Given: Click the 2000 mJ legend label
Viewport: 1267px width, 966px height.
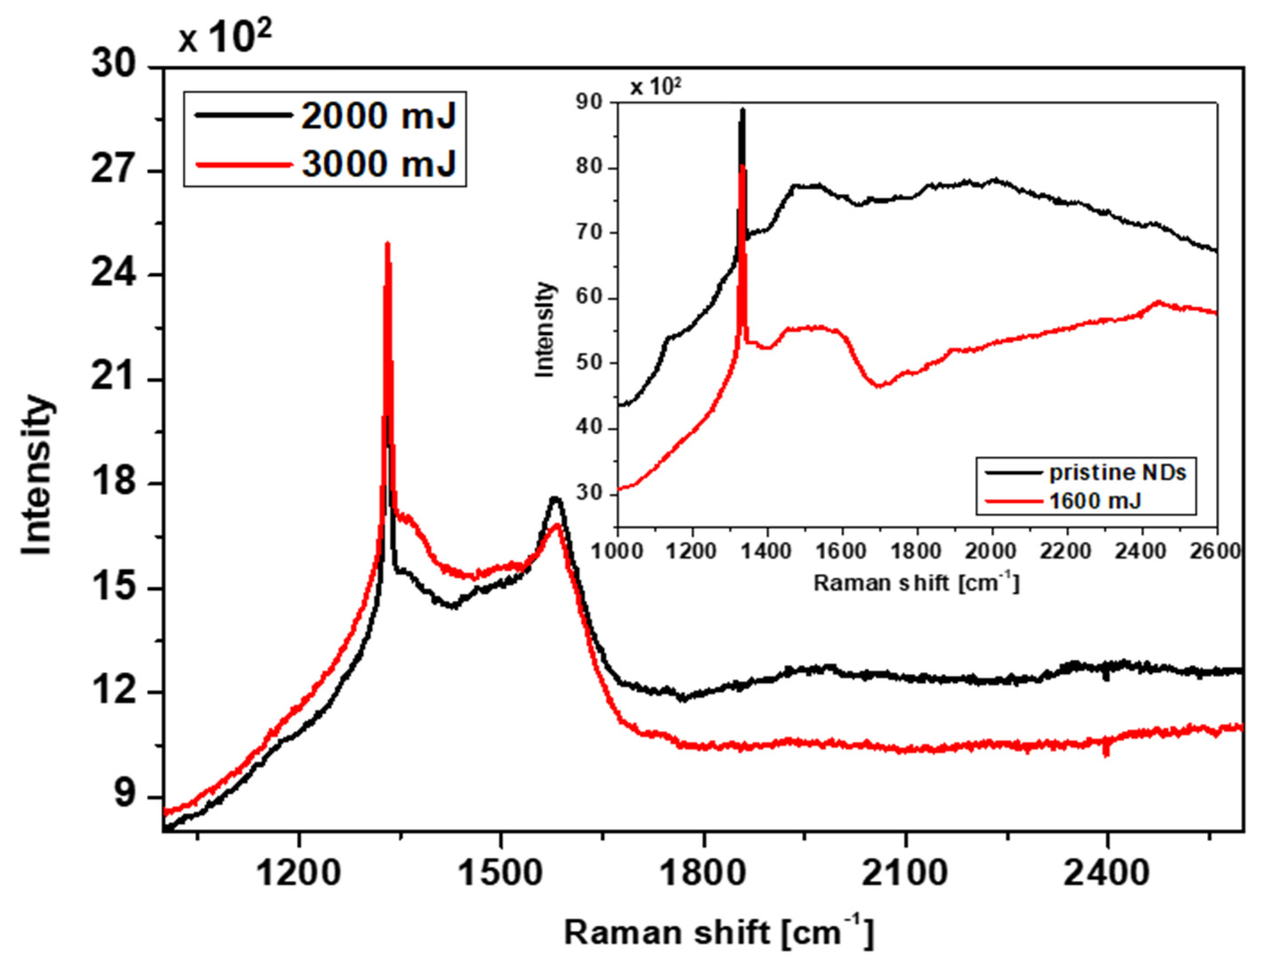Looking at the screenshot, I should pyautogui.click(x=378, y=116).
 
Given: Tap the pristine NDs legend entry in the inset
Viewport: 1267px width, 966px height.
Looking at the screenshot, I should pyautogui.click(x=1117, y=473).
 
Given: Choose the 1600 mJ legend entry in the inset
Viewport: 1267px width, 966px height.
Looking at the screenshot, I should pyautogui.click(x=1094, y=501).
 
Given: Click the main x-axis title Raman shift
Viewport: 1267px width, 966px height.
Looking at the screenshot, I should pyautogui.click(x=719, y=933).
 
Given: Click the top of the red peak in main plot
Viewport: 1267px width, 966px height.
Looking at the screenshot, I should pyautogui.click(x=387, y=244).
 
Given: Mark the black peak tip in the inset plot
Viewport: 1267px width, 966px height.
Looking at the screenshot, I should pyautogui.click(x=742, y=109).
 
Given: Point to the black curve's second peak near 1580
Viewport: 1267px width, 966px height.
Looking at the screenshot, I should pyautogui.click(x=555, y=499).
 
